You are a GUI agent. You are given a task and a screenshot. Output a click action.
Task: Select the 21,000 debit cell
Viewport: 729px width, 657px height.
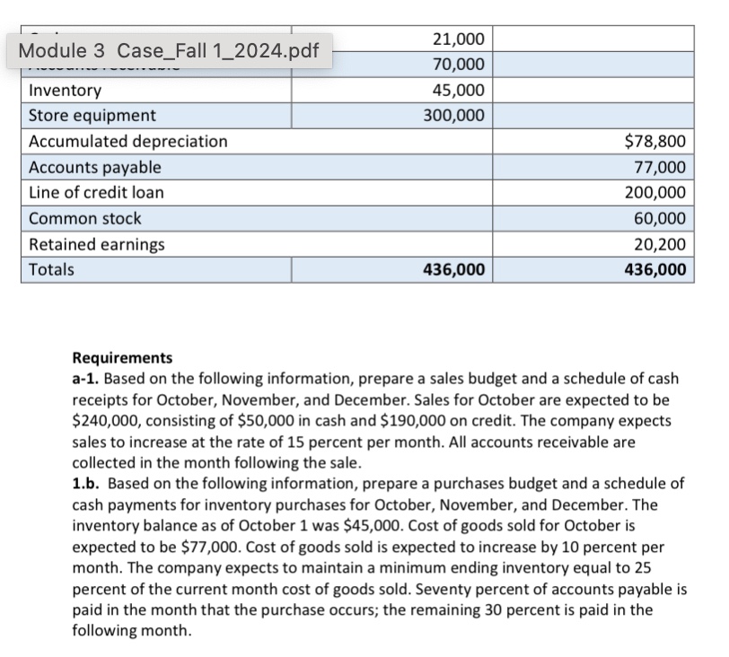458,39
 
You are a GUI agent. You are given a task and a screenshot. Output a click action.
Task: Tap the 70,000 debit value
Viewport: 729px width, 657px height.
458,65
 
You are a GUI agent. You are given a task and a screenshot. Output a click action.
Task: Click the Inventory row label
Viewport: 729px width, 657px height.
66,91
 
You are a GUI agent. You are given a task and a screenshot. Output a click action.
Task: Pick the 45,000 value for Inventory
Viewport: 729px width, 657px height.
458,91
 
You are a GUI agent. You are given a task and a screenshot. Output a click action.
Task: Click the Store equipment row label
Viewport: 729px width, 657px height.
92,116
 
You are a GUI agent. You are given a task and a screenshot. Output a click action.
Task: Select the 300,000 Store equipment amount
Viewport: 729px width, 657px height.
454,116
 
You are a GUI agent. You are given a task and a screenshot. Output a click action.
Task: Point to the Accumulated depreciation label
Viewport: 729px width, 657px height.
128,142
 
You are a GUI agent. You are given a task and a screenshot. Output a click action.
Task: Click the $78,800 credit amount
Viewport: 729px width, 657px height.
654,142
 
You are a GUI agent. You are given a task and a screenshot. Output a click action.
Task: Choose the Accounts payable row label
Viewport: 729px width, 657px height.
95,167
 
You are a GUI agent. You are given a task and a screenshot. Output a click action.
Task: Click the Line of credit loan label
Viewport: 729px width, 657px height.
97,193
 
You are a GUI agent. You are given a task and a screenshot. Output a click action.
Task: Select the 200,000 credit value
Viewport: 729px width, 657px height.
655,193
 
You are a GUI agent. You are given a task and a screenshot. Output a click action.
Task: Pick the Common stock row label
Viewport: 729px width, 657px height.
85,218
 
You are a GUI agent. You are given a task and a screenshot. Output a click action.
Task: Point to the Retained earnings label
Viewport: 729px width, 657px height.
97,244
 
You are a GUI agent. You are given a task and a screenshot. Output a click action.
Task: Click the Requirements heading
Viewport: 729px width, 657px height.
121,358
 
